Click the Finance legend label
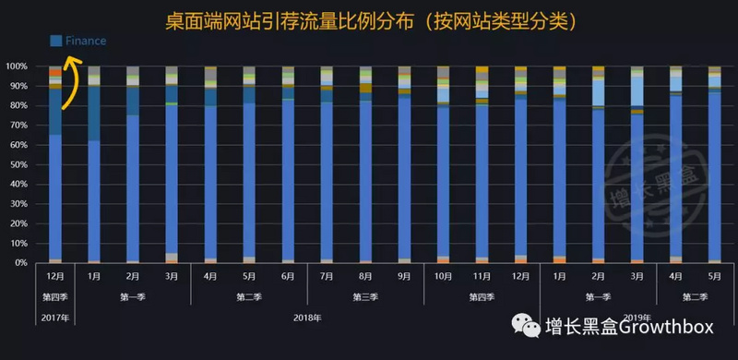point(86,41)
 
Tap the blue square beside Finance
point(56,41)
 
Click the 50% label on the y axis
point(18,164)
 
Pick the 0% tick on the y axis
point(19,263)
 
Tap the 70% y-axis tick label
point(18,126)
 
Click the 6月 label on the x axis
point(288,275)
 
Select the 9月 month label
point(404,275)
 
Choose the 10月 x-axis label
point(443,275)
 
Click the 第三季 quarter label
point(365,296)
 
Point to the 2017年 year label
point(54,318)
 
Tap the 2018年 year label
point(307,318)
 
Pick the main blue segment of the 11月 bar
point(482,181)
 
